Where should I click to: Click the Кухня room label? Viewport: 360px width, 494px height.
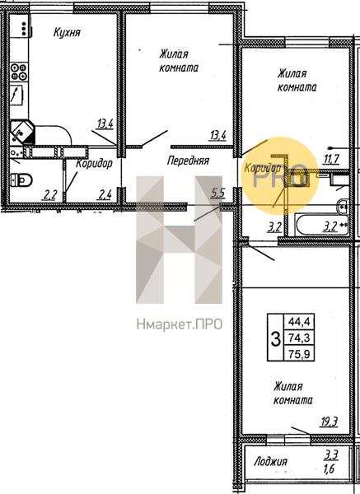67,33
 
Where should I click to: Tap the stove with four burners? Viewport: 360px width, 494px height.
19,72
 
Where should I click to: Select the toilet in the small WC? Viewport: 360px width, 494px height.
21,180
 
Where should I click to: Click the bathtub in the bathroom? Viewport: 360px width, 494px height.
321,224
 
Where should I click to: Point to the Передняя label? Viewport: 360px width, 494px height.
188,161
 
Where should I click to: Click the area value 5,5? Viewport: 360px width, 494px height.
217,193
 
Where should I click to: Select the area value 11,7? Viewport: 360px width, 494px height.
330,160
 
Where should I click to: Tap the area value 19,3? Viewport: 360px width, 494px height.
329,422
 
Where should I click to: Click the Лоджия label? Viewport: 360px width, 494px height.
270,462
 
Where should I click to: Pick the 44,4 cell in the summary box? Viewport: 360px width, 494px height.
299,322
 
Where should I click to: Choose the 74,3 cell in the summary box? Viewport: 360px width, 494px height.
299,338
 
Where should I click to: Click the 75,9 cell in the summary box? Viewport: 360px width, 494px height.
299,353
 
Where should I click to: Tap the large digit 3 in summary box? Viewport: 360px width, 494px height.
276,338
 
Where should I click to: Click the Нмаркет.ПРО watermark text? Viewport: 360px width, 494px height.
180,324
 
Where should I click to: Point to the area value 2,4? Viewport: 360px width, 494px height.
105,195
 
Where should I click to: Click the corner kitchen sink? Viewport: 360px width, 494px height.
22,132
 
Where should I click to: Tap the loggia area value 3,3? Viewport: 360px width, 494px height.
332,454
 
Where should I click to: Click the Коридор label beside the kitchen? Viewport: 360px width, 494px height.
94,164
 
